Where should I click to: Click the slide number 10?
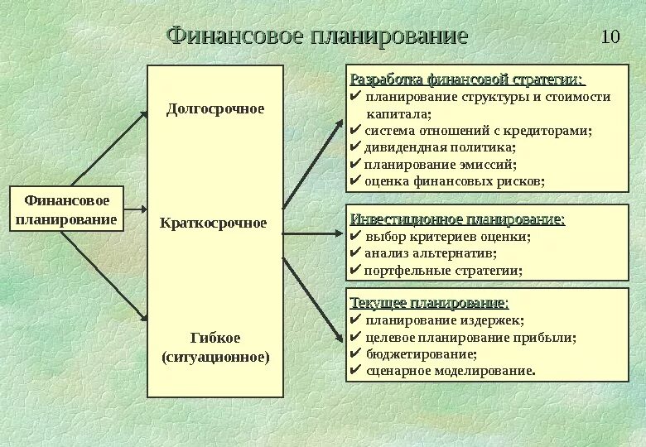point(610,36)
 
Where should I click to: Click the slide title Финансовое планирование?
point(317,36)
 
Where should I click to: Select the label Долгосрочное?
point(215,108)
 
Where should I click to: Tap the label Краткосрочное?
point(214,223)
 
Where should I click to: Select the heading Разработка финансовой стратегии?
point(467,79)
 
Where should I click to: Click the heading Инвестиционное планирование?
point(458,219)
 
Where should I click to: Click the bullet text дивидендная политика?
point(440,147)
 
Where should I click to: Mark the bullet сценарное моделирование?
point(451,370)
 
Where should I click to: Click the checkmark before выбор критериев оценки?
point(355,236)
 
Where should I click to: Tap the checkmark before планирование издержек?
point(355,320)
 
